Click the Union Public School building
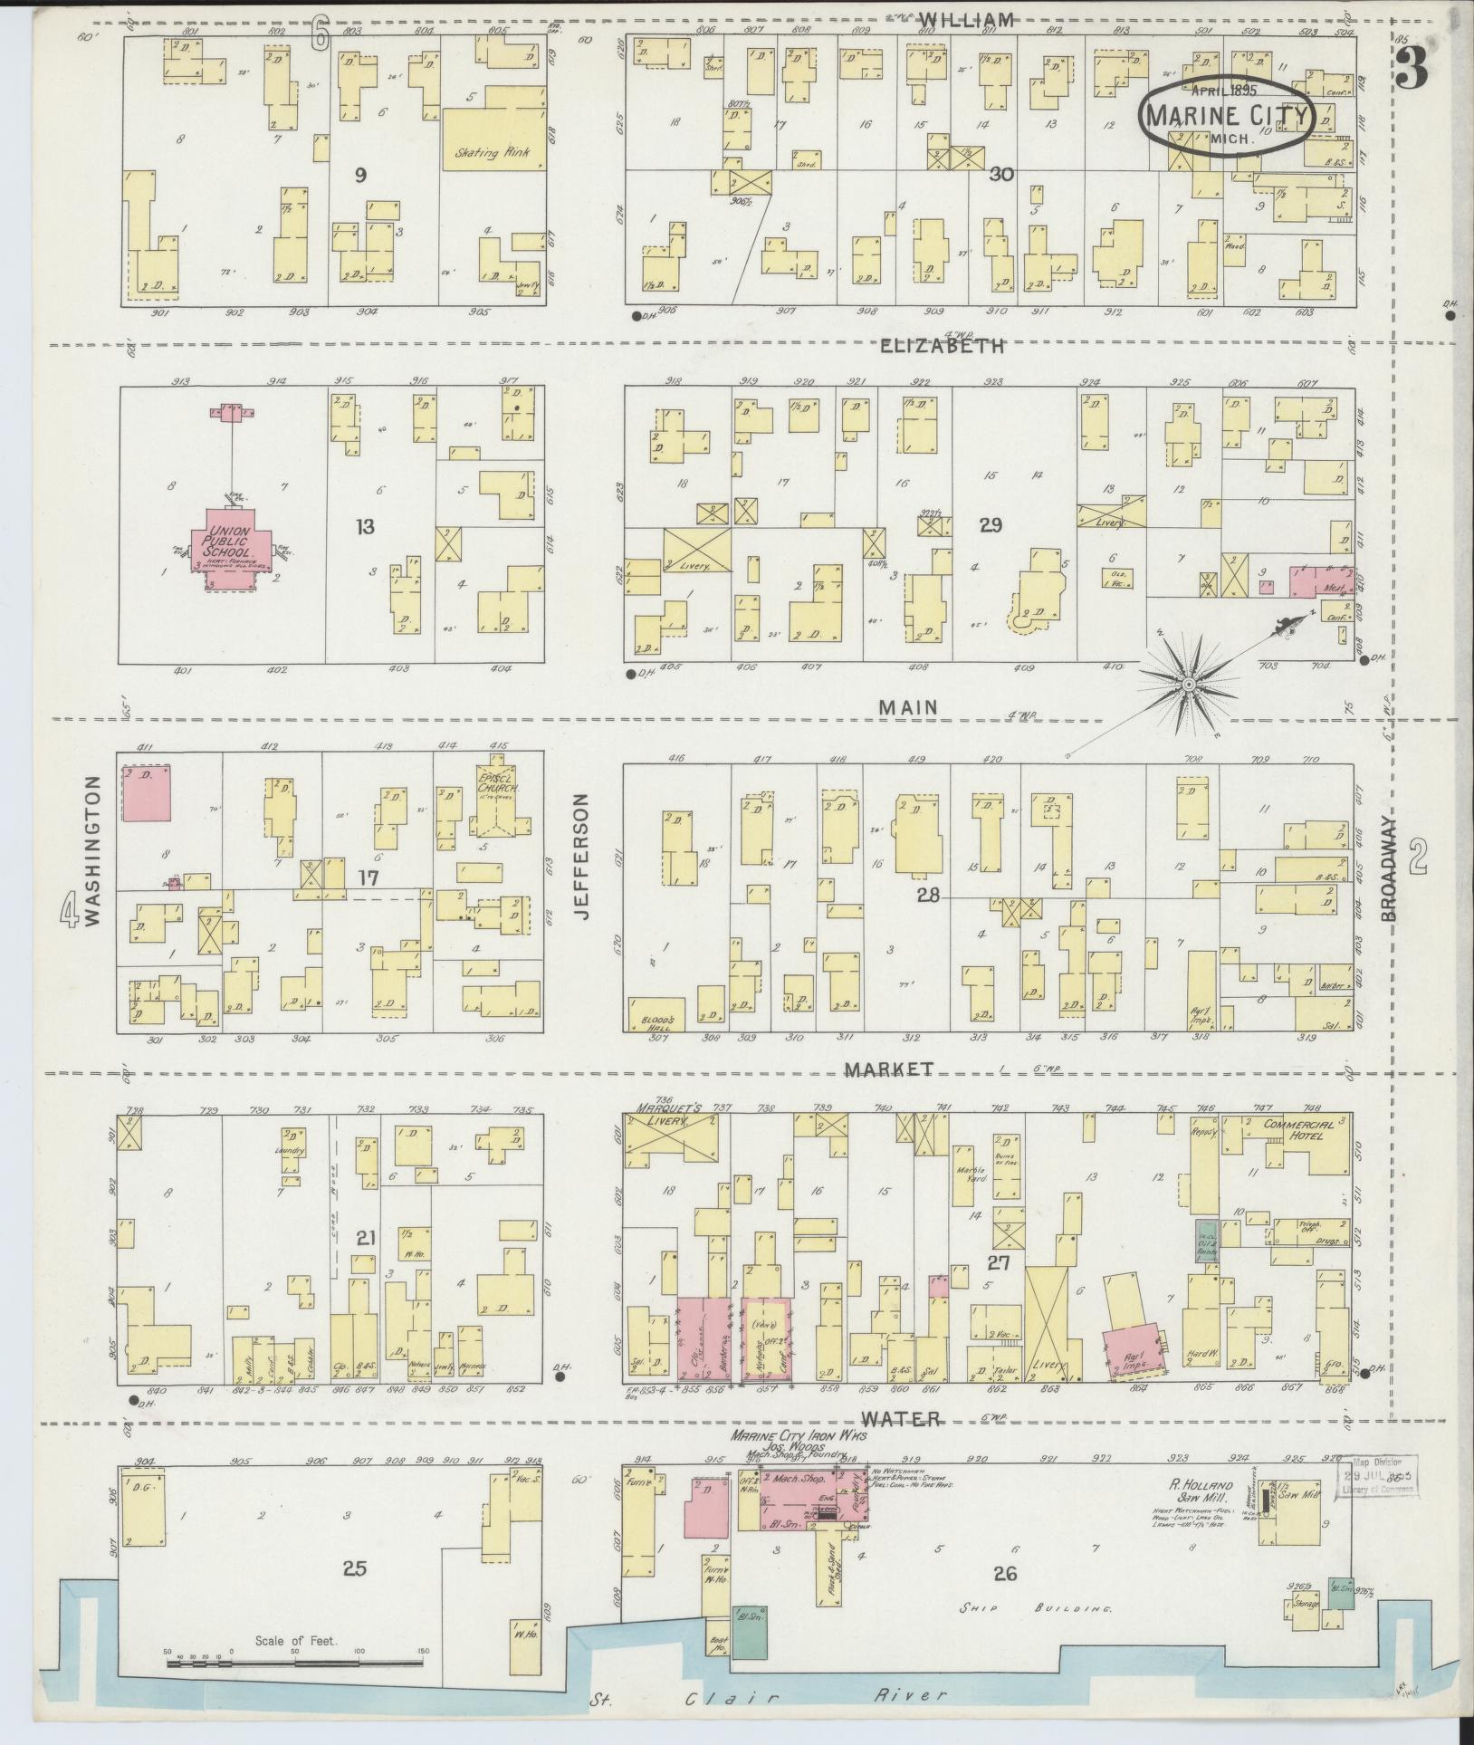(x=230, y=550)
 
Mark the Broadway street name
(x=1392, y=869)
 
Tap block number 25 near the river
(x=355, y=1568)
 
